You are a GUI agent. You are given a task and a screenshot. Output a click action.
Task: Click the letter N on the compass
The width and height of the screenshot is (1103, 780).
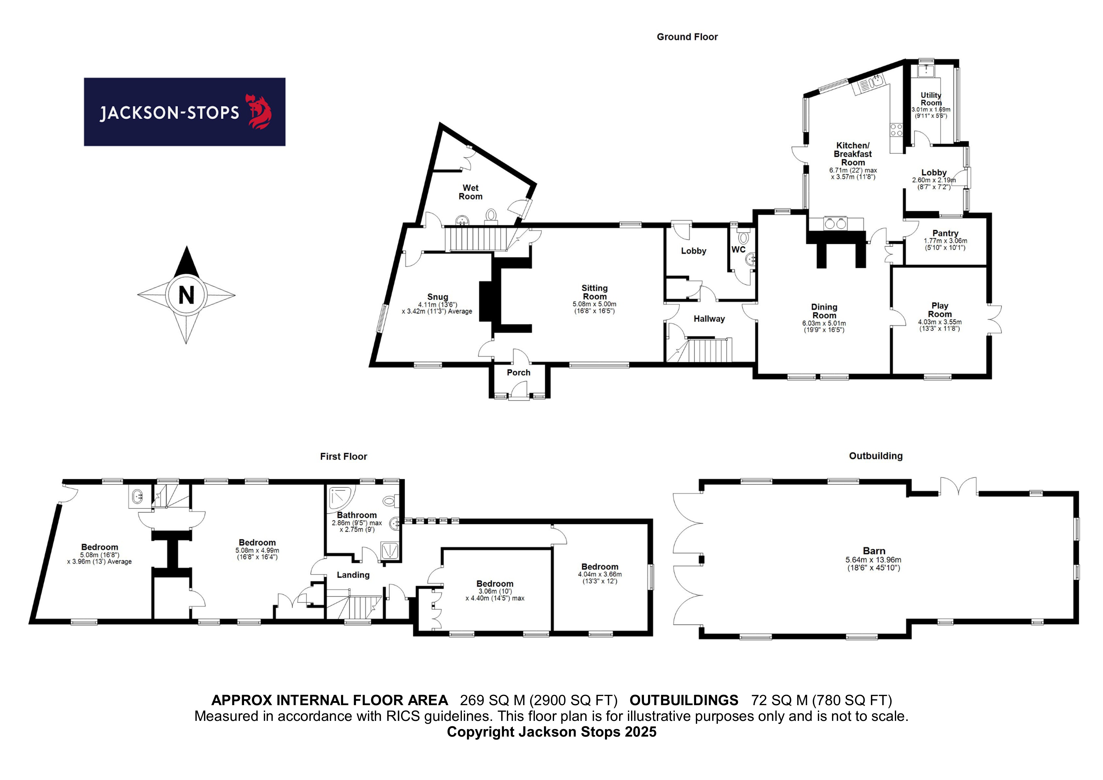tap(186, 295)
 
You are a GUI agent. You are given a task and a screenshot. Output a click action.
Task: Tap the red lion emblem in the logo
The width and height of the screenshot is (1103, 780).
tap(259, 112)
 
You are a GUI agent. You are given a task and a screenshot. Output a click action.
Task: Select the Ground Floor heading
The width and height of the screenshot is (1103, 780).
tap(687, 37)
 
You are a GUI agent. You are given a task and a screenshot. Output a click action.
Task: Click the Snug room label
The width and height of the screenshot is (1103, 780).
tap(438, 297)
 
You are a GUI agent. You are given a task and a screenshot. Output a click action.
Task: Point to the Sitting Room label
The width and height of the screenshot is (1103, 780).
tap(595, 292)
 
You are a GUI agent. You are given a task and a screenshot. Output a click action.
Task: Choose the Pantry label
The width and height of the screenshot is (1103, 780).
tap(945, 233)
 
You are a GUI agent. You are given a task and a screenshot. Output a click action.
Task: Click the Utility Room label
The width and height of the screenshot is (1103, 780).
tap(931, 99)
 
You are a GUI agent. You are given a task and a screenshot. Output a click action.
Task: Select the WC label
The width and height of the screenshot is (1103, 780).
tap(738, 249)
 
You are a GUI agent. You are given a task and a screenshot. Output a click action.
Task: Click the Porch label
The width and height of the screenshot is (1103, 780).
tap(519, 372)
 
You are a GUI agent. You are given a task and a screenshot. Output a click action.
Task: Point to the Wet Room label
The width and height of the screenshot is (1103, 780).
tap(470, 192)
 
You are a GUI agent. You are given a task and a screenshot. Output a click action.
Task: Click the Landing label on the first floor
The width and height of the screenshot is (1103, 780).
tap(353, 575)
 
